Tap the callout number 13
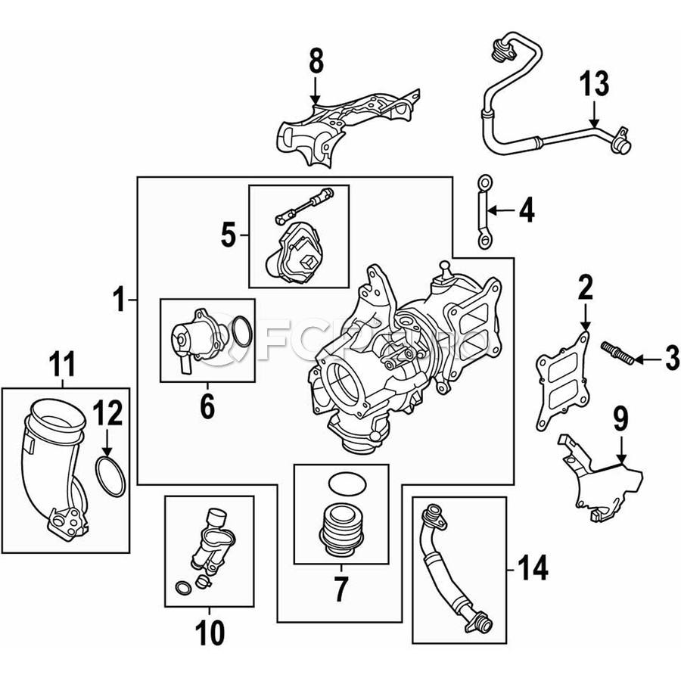click(x=594, y=84)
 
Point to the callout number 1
click(x=118, y=301)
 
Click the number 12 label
click(x=107, y=414)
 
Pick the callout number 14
click(x=531, y=568)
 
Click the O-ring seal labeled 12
click(x=111, y=477)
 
